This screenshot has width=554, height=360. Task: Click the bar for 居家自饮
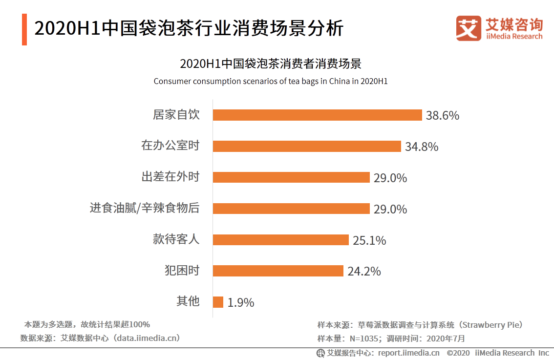click(317, 115)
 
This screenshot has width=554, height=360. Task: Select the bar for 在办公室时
click(307, 146)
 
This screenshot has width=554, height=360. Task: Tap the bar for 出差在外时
click(291, 177)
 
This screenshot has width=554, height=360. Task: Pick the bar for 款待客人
click(281, 240)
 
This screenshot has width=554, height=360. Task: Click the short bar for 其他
click(218, 302)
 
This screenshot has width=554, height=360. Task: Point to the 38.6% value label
click(443, 116)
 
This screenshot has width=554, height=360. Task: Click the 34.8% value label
click(422, 147)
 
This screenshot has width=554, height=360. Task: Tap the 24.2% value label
click(364, 271)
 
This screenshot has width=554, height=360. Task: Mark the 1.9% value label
click(241, 303)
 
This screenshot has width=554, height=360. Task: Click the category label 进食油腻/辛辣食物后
click(145, 208)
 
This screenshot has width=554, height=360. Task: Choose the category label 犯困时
click(182, 271)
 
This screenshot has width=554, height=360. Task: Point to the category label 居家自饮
click(176, 115)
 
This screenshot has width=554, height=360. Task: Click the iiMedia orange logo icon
click(469, 28)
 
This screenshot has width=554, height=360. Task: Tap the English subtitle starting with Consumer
click(270, 81)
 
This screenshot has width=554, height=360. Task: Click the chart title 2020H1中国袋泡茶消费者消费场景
click(270, 64)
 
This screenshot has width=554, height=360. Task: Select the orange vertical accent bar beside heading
click(24, 29)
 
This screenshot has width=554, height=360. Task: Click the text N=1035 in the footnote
click(363, 338)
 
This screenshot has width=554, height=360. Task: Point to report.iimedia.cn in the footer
click(408, 353)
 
